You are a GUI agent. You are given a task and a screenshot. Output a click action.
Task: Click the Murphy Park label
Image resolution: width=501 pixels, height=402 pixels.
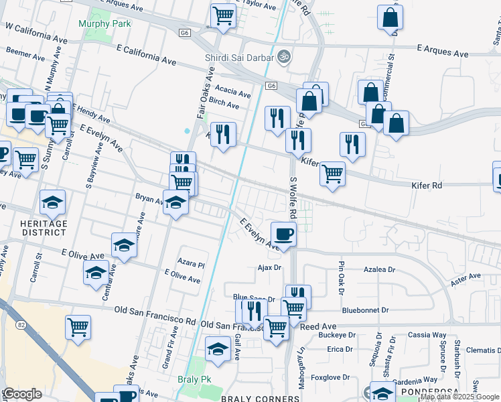[x=104, y=23]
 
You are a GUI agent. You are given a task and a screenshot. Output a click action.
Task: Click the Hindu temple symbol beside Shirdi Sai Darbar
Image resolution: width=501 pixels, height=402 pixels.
[x=283, y=56]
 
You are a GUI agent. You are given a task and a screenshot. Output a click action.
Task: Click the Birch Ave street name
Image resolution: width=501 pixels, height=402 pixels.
[x=224, y=105]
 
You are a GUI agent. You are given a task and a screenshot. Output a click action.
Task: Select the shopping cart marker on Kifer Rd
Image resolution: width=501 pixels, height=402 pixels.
[x=332, y=174]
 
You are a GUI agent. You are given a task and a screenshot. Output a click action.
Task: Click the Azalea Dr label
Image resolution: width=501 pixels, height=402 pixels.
[x=380, y=269]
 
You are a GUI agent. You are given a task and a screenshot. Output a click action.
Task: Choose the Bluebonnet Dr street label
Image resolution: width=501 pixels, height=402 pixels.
[x=365, y=310]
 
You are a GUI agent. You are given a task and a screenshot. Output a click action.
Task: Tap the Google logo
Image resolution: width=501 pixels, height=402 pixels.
[x=23, y=394]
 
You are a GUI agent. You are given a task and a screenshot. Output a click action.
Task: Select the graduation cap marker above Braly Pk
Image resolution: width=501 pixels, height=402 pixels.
[x=218, y=350]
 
